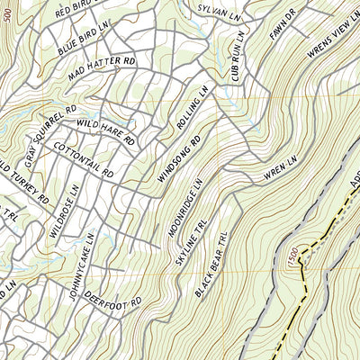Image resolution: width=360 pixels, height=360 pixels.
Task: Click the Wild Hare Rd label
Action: [104, 131]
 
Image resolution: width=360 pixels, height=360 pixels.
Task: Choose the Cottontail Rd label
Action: [83, 159]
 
